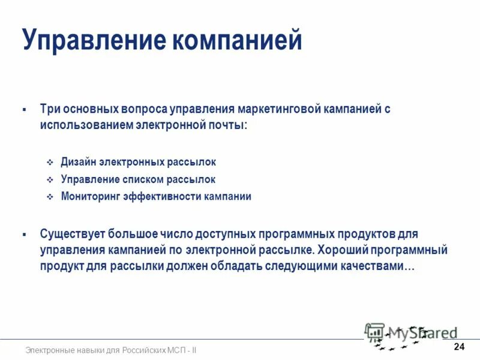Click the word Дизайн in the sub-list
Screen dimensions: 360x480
(79, 162)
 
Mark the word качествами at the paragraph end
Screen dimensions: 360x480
(374, 266)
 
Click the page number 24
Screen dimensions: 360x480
(460, 347)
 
